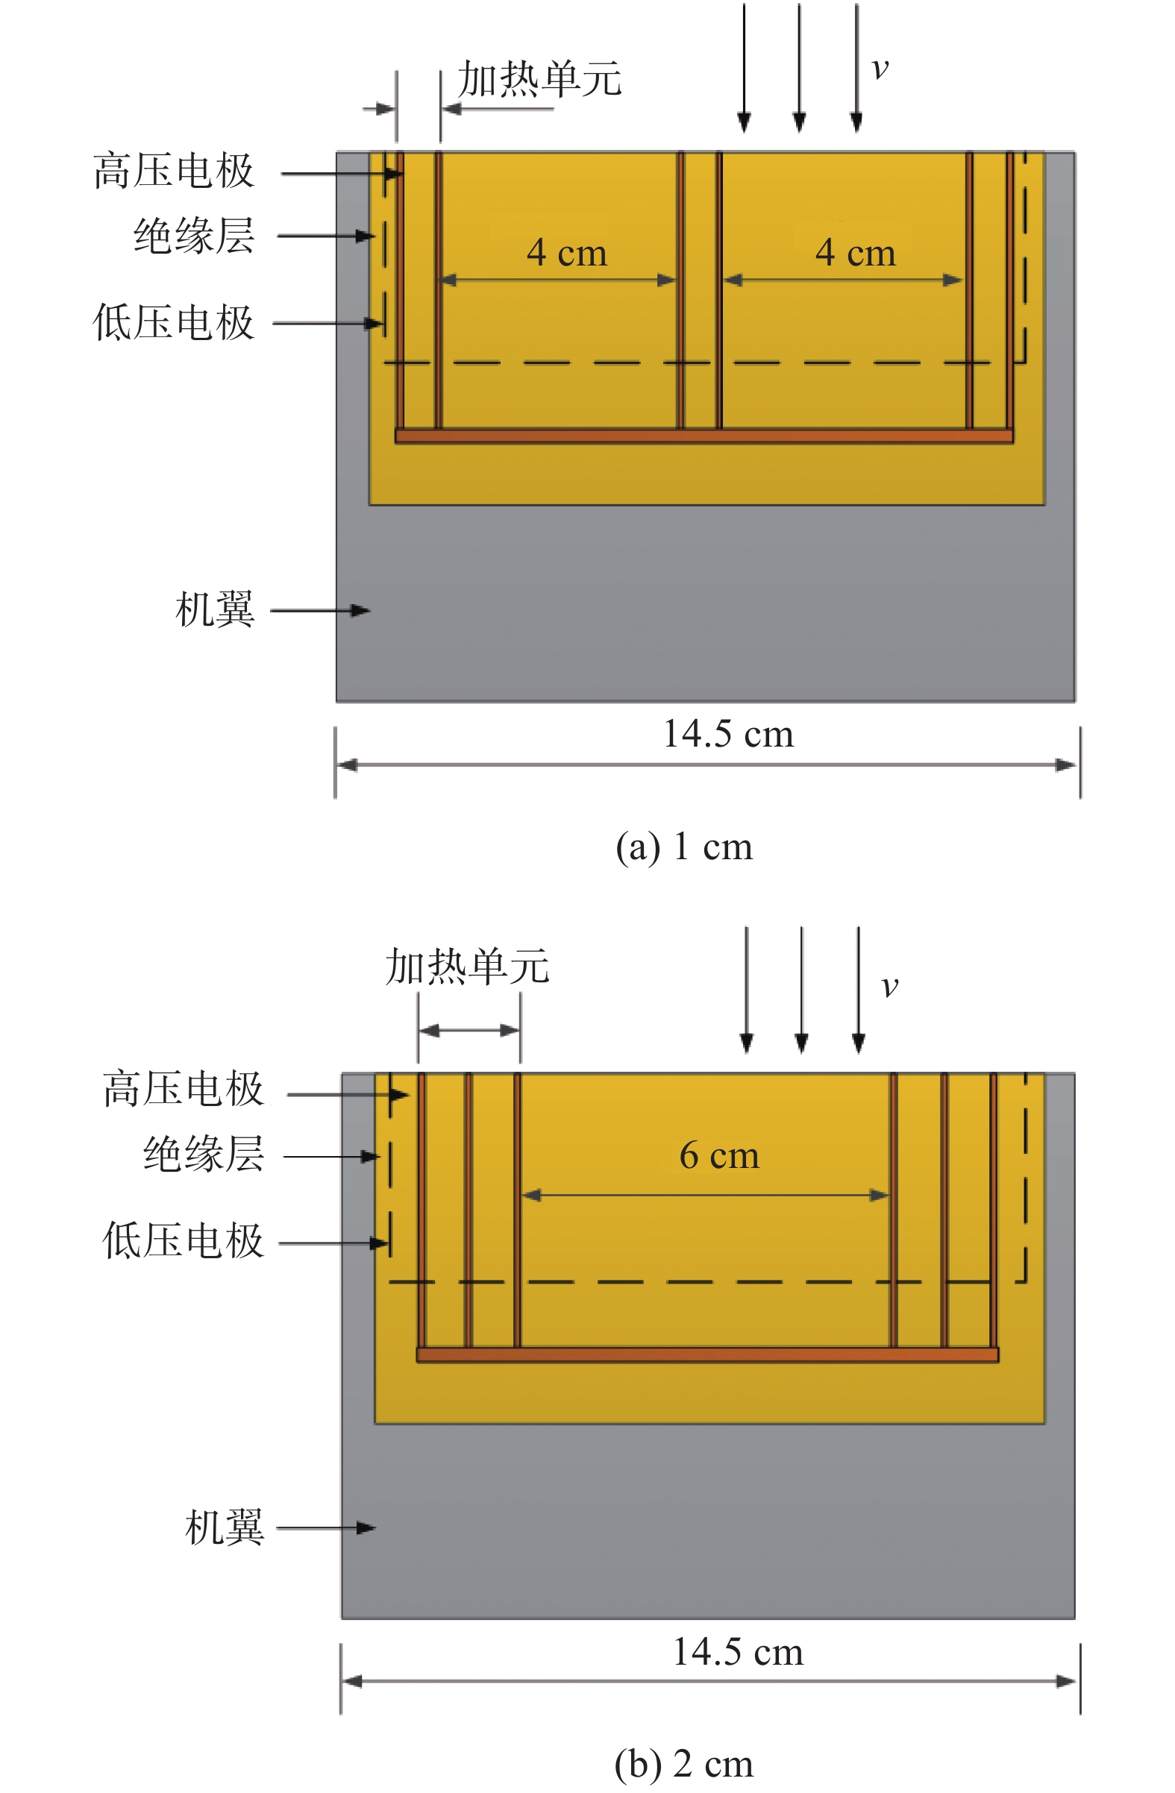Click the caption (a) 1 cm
click(x=683, y=847)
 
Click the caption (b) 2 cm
click(x=683, y=1763)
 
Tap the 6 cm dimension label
click(x=719, y=1155)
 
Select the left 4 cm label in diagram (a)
click(x=567, y=252)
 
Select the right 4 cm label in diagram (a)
click(x=856, y=252)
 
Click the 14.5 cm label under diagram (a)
click(x=728, y=734)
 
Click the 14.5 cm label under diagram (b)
click(x=738, y=1651)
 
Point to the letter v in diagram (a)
click(x=880, y=69)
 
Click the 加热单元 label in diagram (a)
click(x=539, y=79)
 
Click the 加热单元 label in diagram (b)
click(x=467, y=967)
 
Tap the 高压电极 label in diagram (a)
click(x=174, y=171)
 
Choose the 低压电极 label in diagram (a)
click(x=174, y=323)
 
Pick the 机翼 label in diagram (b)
click(x=225, y=1527)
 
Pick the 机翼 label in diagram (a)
click(x=216, y=609)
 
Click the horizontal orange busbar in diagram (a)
click(x=704, y=436)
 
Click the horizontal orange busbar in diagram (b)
click(x=707, y=1354)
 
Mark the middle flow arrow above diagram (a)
click(x=800, y=68)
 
